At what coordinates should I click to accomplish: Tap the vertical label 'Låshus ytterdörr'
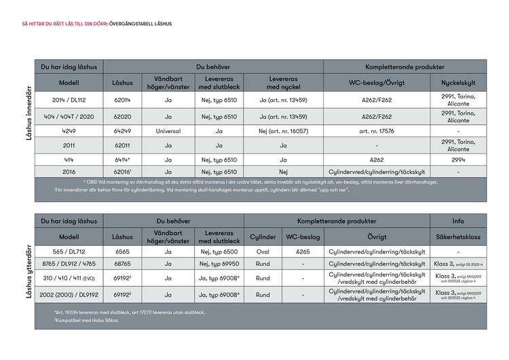tap(29, 271)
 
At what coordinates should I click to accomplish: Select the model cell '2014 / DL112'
tap(69, 100)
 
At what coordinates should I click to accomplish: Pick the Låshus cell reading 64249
tap(122, 130)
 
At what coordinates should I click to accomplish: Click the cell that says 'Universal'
tap(167, 130)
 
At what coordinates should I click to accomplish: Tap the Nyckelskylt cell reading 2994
tap(458, 160)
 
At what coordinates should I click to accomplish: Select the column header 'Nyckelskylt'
tap(458, 83)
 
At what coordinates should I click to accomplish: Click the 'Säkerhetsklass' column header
tap(458, 237)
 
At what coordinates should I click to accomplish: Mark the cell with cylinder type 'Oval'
tap(263, 251)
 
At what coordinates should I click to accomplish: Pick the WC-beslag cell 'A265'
tap(302, 251)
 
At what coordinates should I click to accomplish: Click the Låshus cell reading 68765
tap(122, 264)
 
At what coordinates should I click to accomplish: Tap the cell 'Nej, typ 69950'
tap(219, 264)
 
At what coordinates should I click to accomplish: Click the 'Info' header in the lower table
tap(458, 221)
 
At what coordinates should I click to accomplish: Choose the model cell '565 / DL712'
tap(69, 251)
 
